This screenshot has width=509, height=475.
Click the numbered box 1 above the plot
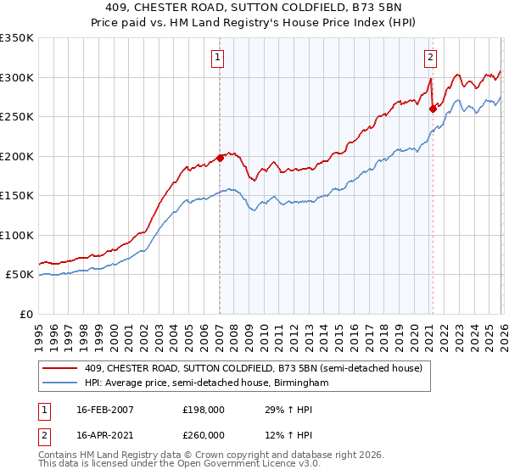(219, 58)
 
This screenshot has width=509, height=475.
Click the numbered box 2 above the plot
(430, 58)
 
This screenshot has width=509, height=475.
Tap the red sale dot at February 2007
(220, 157)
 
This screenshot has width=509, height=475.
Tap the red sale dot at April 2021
(433, 108)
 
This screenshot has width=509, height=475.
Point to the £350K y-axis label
(17, 38)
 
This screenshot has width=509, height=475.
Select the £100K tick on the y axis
(17, 235)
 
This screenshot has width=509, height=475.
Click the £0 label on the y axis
(25, 314)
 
